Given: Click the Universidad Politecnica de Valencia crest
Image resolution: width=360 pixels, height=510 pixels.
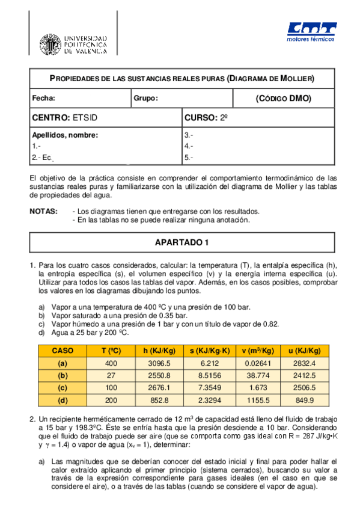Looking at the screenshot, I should click(x=50, y=44).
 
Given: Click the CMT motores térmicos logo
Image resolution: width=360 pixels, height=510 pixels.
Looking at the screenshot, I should click(x=311, y=32).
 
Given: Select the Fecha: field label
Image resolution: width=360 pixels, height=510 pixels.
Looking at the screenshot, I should click(x=43, y=98).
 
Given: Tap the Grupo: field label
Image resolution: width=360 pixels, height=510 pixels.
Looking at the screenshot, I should click(x=145, y=98).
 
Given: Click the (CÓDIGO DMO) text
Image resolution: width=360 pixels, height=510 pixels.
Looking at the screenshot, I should click(x=283, y=98).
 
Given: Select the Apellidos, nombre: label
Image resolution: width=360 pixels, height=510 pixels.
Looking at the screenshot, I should click(x=64, y=135).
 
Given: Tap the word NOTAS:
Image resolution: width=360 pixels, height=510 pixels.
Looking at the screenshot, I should click(x=44, y=211).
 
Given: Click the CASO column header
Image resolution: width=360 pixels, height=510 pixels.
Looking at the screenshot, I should click(x=62, y=351).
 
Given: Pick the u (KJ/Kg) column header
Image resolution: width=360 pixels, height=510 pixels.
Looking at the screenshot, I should click(x=302, y=351).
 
